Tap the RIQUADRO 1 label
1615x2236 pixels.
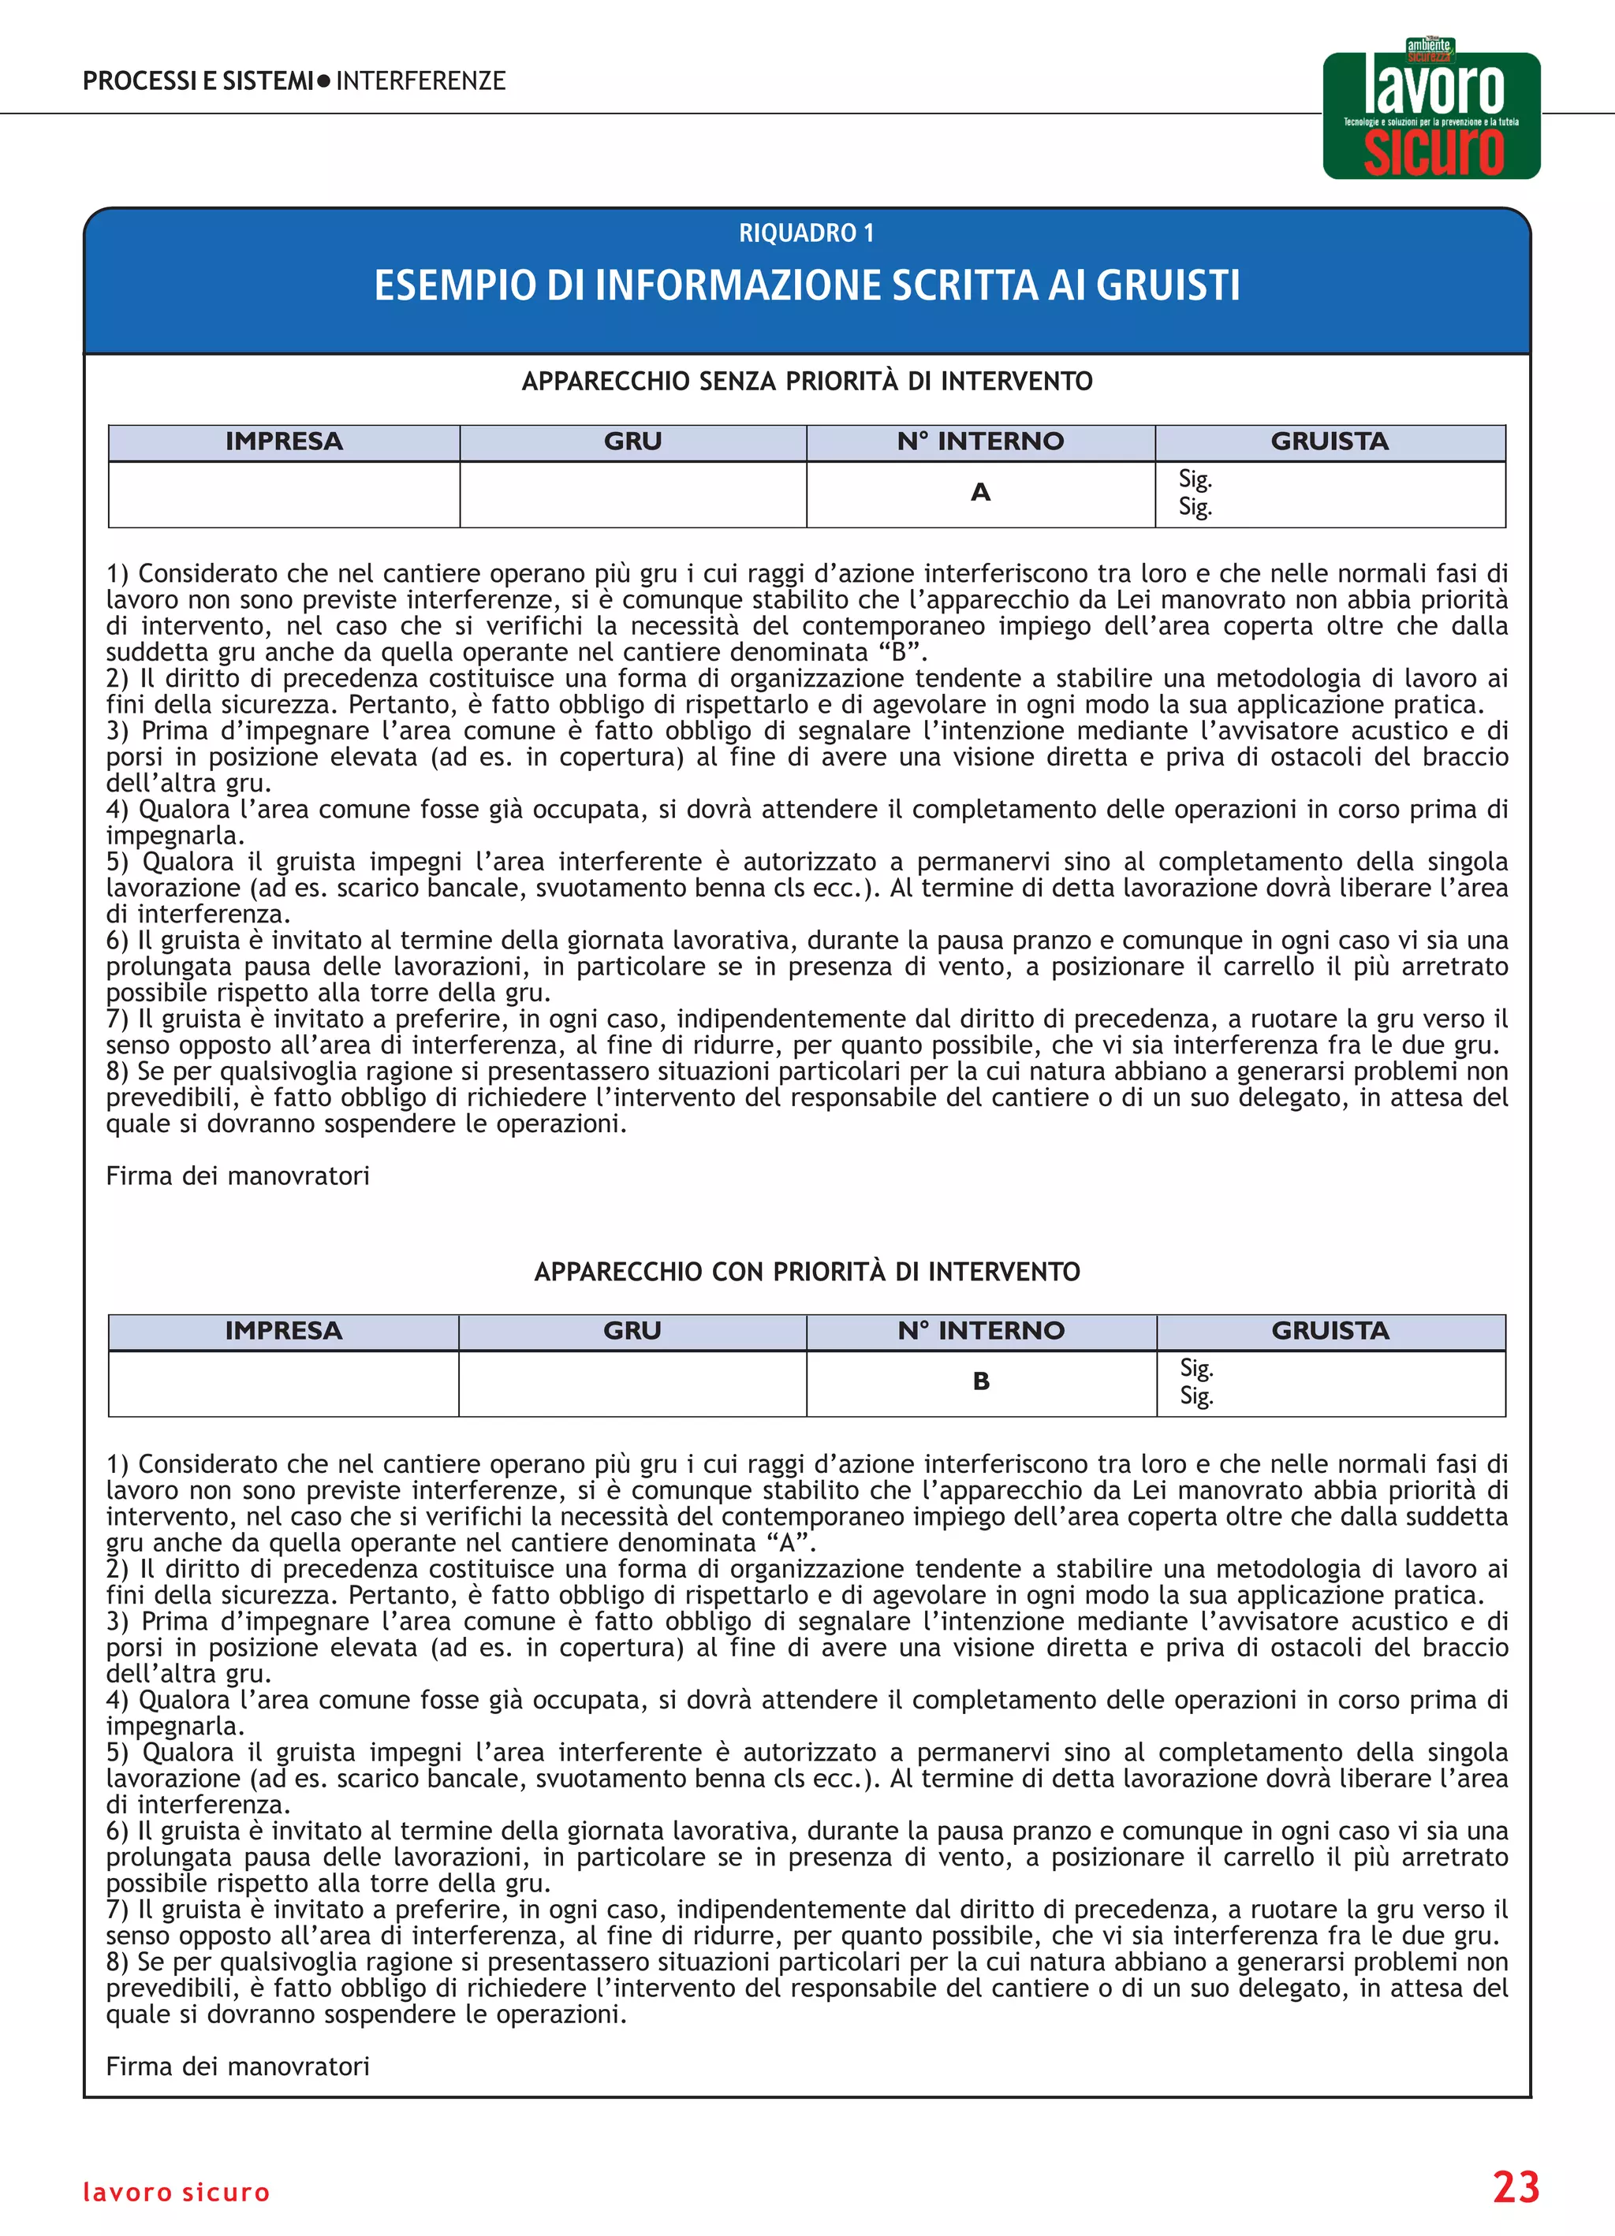[807, 233]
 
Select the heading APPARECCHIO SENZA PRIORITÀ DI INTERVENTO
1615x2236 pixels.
[807, 382]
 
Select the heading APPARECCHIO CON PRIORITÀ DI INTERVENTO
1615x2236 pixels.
[807, 1272]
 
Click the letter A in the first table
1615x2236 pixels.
[980, 492]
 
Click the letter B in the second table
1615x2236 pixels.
[981, 1381]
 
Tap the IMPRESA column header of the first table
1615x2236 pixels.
[284, 442]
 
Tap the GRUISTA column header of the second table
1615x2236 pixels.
[1330, 1331]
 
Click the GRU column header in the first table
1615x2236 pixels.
[633, 442]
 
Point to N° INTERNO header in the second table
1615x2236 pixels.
[981, 1331]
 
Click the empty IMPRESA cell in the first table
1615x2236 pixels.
[284, 494]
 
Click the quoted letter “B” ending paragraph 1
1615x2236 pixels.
[897, 653]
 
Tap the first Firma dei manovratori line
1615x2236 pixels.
[237, 1176]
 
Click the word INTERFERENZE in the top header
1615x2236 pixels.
[421, 81]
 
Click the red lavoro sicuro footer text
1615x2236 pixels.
[176, 2193]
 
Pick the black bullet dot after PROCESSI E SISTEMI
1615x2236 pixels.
[323, 82]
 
